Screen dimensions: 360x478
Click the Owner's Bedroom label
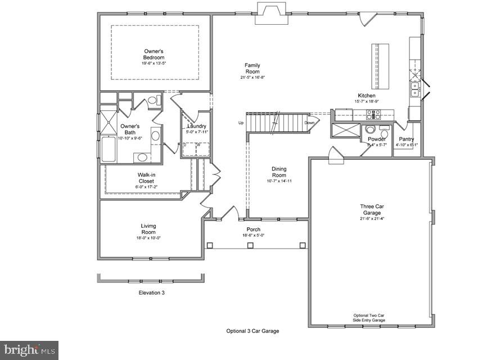(x=154, y=55)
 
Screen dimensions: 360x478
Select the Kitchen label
(x=367, y=96)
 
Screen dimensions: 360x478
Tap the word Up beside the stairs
(x=241, y=123)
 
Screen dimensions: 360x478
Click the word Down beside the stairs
(x=309, y=123)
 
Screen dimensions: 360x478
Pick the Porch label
(x=253, y=229)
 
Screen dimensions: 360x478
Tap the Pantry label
(x=407, y=139)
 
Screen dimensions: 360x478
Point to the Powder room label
(x=376, y=139)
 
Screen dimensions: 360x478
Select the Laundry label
(x=196, y=127)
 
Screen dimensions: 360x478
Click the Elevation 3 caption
(x=152, y=292)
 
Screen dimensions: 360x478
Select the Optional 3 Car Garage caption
(x=252, y=331)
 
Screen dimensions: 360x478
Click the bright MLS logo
(x=29, y=350)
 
